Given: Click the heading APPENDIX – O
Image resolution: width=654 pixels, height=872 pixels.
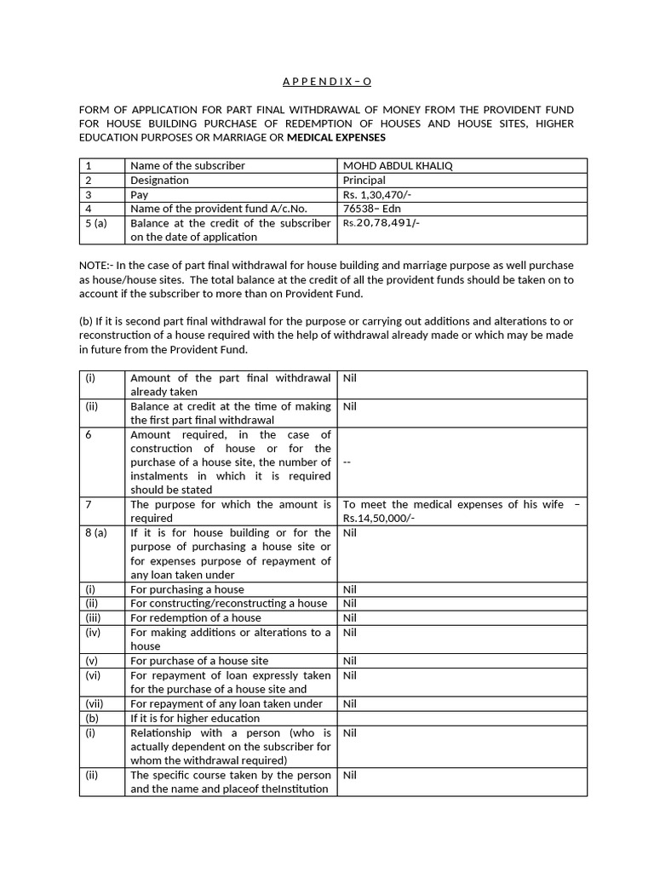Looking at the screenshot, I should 327,82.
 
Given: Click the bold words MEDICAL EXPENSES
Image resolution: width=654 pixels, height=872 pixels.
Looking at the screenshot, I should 336,137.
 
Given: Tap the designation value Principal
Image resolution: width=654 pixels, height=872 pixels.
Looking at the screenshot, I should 364,180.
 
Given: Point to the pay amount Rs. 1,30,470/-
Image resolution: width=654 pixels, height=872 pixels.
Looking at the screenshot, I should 378,194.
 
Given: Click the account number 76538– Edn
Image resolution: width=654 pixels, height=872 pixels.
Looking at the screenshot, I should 371,209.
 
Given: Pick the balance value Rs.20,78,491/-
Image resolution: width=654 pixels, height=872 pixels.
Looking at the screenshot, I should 381,223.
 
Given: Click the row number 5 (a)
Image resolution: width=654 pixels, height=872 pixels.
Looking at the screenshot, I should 97,223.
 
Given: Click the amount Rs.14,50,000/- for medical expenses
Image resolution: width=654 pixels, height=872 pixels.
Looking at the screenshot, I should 379,518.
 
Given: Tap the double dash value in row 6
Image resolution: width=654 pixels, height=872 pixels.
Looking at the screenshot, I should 347,462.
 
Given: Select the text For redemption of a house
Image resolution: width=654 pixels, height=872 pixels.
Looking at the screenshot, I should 195,617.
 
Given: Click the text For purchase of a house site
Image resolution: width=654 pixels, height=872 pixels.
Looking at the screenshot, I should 198,660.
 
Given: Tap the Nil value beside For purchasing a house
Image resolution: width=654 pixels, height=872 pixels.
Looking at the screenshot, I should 349,589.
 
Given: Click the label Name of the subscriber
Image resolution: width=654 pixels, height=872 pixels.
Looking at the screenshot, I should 187,165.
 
